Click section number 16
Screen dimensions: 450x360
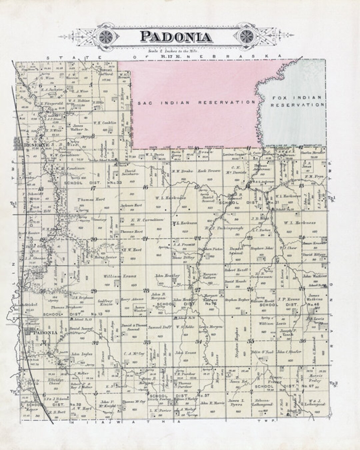coord(145,187)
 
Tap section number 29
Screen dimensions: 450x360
coord(94,291)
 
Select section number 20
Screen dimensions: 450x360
coord(94,239)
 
